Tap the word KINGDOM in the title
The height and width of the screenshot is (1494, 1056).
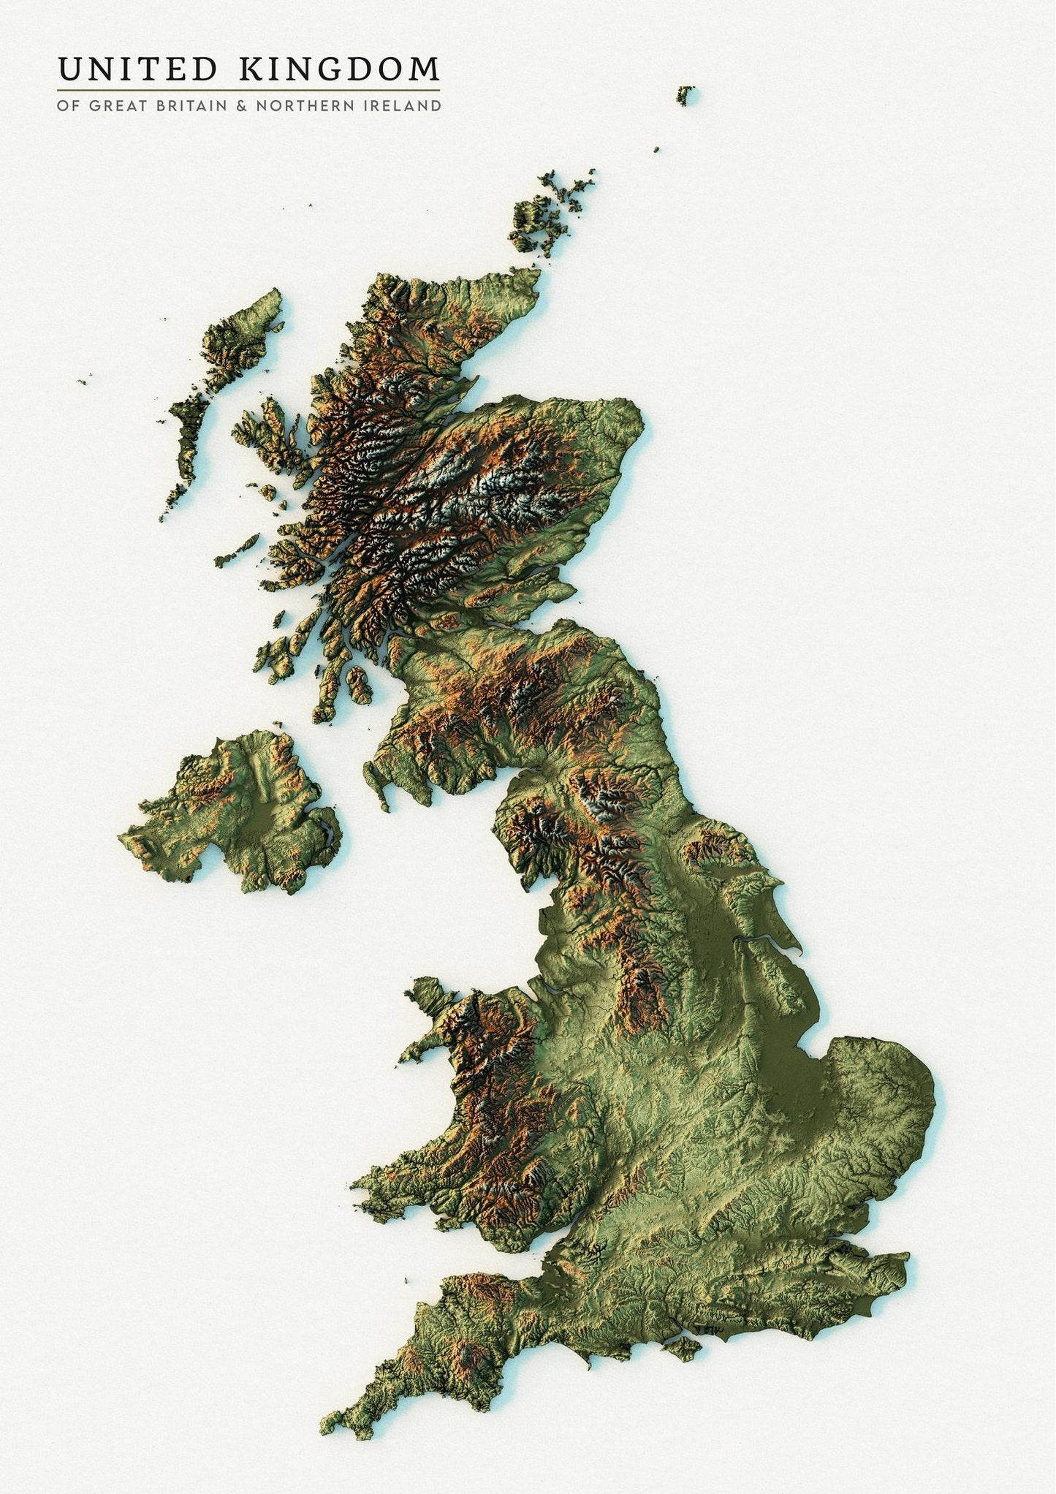[339, 69]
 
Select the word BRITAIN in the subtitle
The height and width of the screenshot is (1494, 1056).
[187, 106]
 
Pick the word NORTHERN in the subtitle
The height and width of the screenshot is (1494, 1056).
[311, 106]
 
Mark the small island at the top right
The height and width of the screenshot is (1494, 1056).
[684, 94]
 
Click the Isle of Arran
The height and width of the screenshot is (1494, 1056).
[358, 684]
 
